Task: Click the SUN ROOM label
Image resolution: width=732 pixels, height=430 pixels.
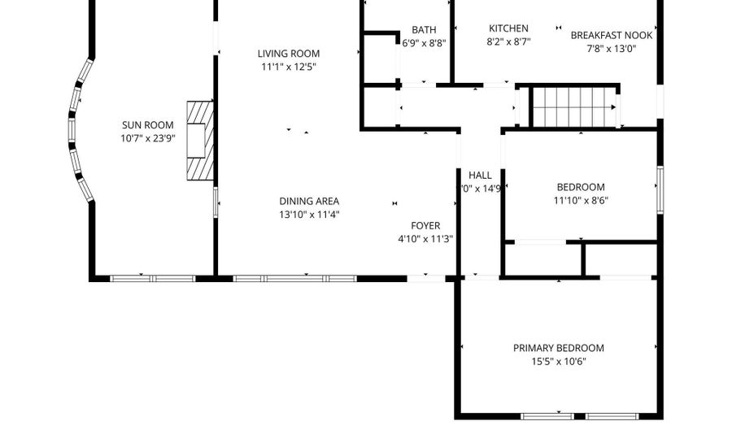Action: tap(148, 125)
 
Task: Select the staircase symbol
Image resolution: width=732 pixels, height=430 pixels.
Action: tap(573, 106)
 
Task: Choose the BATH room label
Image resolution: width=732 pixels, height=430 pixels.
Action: tap(424, 30)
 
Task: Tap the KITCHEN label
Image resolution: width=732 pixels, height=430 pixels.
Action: tap(508, 28)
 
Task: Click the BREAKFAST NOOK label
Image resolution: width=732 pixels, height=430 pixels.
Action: tap(612, 35)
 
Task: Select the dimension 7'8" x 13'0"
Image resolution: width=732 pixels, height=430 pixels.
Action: tap(612, 48)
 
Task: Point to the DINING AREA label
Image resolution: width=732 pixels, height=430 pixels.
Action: tap(309, 202)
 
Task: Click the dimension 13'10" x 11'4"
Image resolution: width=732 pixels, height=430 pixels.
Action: tap(309, 215)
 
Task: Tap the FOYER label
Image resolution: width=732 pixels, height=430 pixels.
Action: tap(425, 226)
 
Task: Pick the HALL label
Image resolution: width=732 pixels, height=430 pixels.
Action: tap(480, 175)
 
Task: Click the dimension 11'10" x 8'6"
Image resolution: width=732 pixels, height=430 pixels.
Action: tap(581, 200)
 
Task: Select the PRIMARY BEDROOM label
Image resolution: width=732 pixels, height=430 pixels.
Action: tap(558, 348)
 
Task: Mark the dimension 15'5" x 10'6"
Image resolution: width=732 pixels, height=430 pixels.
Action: tap(558, 361)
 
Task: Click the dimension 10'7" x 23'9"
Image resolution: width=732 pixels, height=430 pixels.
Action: tap(148, 138)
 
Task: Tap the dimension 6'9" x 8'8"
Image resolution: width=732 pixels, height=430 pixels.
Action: tap(424, 43)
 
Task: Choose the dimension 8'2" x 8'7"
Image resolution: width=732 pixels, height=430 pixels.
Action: tap(508, 41)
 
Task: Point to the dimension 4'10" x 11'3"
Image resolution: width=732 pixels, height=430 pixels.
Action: tap(425, 239)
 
